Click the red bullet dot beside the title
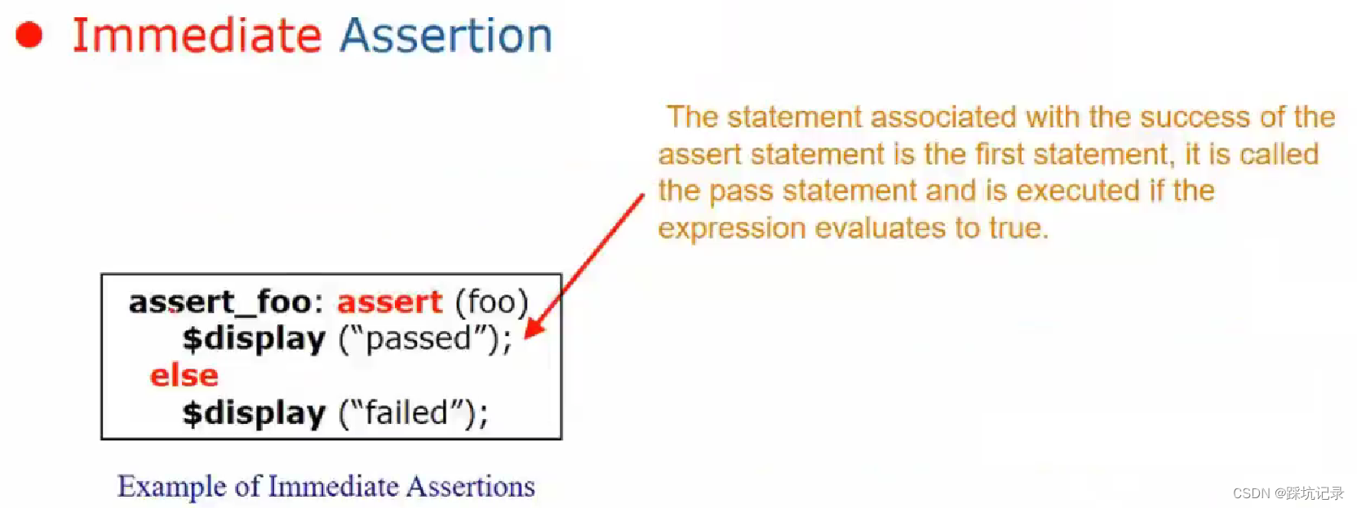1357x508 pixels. coord(29,34)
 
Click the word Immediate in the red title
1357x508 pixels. coord(197,35)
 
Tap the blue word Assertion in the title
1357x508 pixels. coord(446,35)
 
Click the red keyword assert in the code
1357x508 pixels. coord(389,302)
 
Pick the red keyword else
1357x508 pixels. coord(184,376)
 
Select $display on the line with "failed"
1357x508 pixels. coord(254,413)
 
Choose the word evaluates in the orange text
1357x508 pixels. coord(880,228)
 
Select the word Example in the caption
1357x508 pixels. coord(171,487)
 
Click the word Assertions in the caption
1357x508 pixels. coord(471,486)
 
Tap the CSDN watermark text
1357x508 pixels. coord(1288,493)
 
